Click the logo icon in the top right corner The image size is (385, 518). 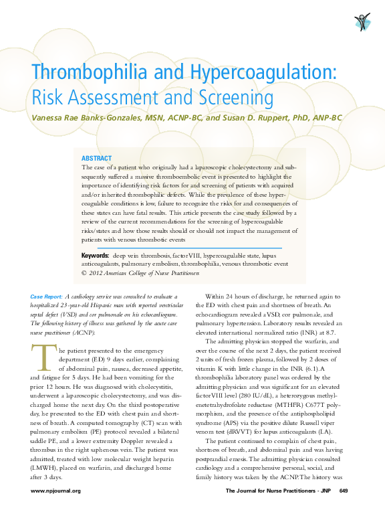click(x=362, y=21)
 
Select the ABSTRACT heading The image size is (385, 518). click(x=96, y=158)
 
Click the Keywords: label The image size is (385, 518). click(x=95, y=256)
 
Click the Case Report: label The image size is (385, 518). click(x=47, y=296)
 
